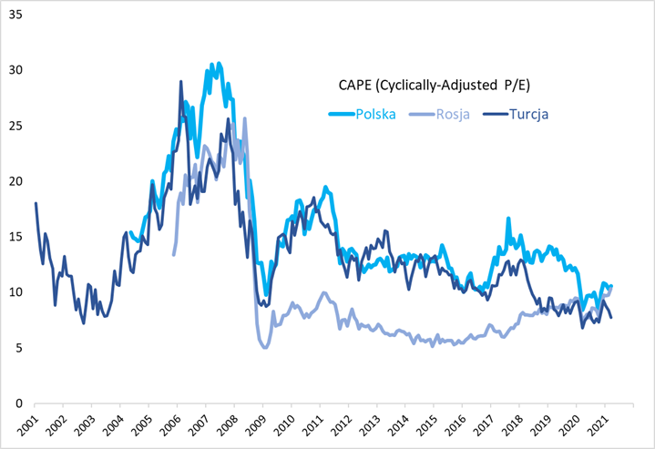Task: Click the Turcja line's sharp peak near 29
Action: [x=180, y=82]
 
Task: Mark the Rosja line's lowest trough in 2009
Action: [x=264, y=347]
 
